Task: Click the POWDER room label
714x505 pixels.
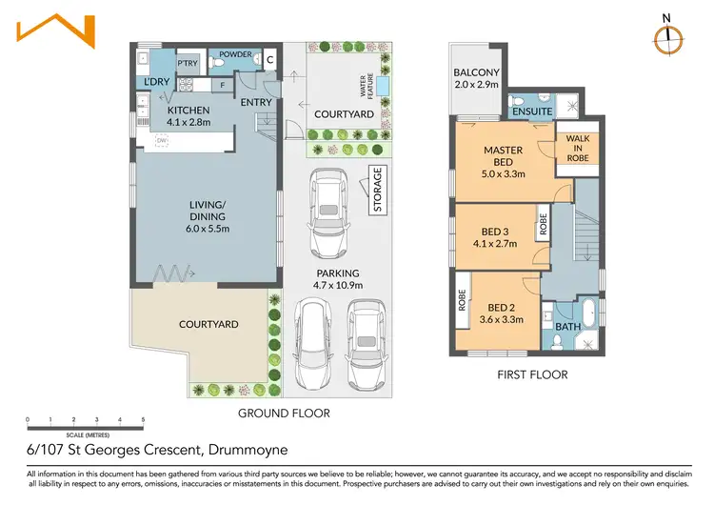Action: click(x=235, y=54)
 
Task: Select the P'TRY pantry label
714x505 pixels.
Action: click(x=188, y=63)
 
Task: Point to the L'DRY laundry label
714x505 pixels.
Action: click(x=157, y=82)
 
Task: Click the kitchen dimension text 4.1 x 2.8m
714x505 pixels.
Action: click(x=188, y=122)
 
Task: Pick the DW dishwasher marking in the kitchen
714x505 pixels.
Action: click(x=162, y=141)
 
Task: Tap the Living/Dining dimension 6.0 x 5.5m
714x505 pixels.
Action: click(x=208, y=229)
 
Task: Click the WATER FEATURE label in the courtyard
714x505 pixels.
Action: click(x=367, y=85)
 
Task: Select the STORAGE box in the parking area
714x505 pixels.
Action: click(x=378, y=190)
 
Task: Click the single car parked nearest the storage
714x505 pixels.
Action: click(x=327, y=213)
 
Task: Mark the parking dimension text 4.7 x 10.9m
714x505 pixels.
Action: click(x=338, y=285)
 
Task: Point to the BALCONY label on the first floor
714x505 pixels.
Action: click(x=476, y=72)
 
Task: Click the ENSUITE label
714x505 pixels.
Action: click(x=532, y=111)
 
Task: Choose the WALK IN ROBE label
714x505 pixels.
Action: click(x=578, y=148)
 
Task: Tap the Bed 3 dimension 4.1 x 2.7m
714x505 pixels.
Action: click(x=495, y=244)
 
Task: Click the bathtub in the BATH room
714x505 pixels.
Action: click(x=589, y=313)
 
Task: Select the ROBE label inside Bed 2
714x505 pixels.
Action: click(x=462, y=300)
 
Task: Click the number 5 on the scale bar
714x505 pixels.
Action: click(x=143, y=420)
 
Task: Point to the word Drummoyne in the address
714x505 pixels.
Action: click(x=248, y=450)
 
